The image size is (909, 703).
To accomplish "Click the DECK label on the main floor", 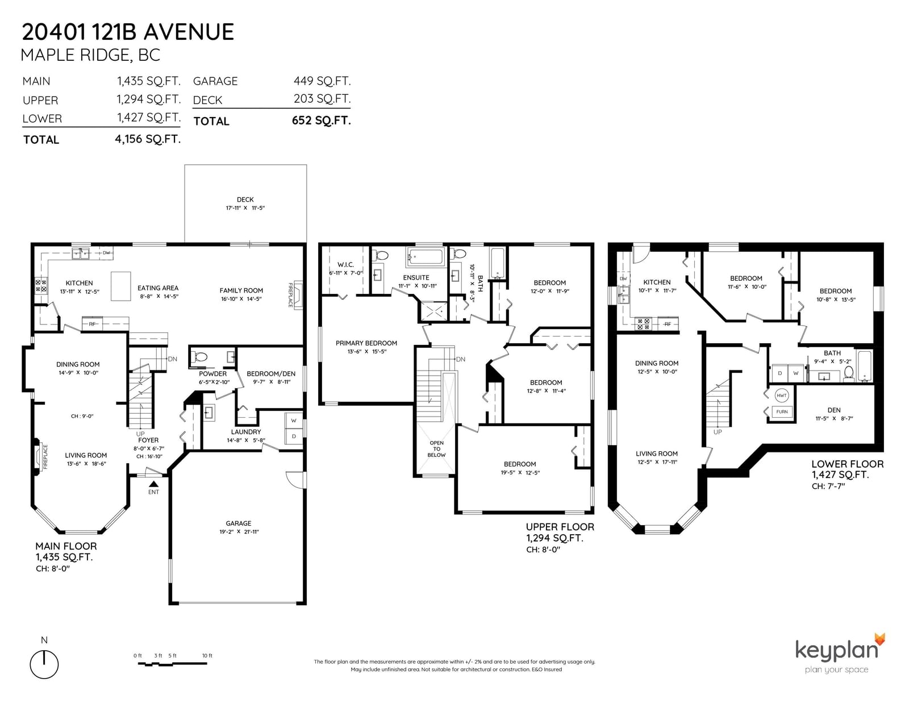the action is [245, 199].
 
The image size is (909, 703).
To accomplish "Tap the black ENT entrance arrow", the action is [154, 484].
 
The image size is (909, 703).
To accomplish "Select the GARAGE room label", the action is [239, 523].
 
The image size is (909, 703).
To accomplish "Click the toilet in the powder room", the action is [199, 357].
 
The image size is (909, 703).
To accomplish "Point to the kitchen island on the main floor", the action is [121, 286].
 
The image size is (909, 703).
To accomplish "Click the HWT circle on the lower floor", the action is [781, 396].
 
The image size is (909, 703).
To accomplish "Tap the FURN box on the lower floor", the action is [782, 412].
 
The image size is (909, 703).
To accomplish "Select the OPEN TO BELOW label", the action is [436, 448].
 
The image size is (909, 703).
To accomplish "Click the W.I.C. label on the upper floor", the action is [345, 265].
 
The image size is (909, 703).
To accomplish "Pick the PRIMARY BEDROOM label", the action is [366, 343].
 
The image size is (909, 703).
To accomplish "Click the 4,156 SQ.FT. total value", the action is [148, 139].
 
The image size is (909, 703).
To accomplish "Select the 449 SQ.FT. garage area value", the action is [322, 81].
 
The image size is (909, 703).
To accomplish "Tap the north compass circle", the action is [44, 664].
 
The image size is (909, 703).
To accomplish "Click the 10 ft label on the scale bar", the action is [207, 656].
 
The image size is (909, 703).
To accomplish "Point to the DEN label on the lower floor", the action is [833, 410].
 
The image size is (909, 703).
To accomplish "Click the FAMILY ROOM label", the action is [241, 290].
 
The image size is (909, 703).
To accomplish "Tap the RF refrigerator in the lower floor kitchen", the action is [668, 323].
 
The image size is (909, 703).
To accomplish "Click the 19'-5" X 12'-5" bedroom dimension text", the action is [520, 473].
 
